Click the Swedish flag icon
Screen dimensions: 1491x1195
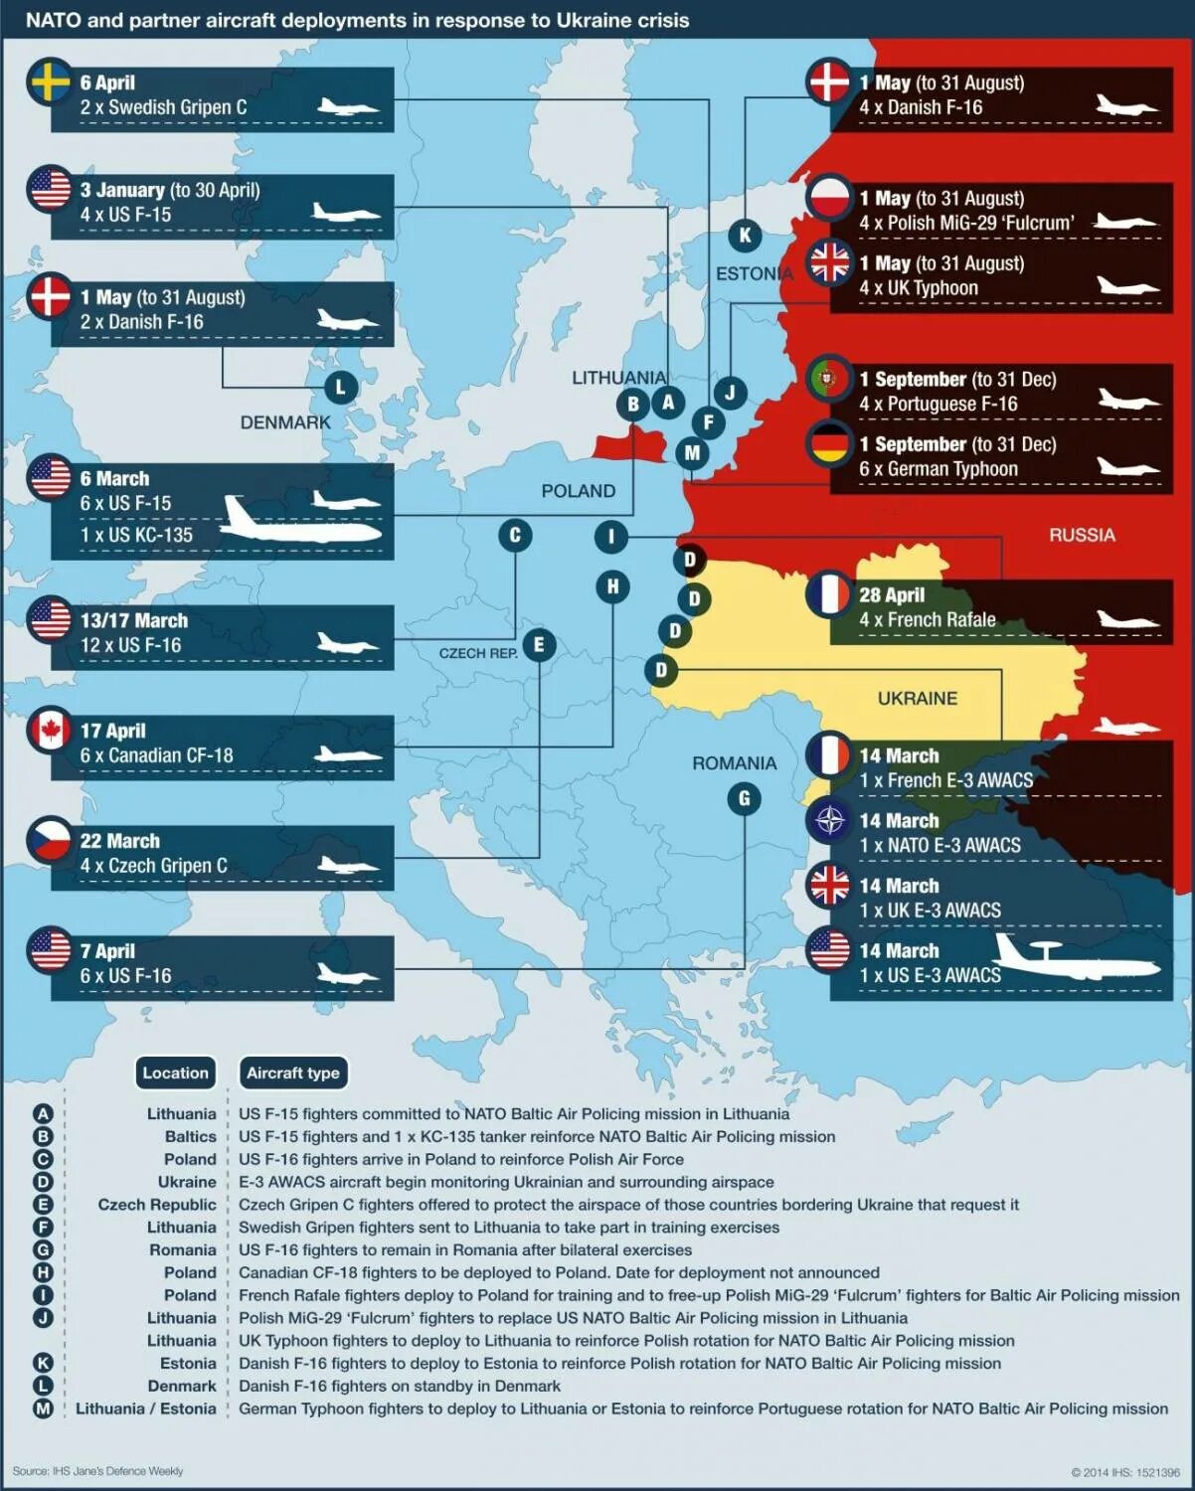pyautogui.click(x=51, y=82)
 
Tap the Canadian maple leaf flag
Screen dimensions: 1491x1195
pyautogui.click(x=51, y=731)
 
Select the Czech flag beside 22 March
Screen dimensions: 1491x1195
pyautogui.click(x=51, y=840)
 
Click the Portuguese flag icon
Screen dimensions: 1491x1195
pyautogui.click(x=829, y=379)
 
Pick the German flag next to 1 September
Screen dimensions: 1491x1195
pyautogui.click(x=829, y=444)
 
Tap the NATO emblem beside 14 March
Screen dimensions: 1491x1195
pyautogui.click(x=829, y=821)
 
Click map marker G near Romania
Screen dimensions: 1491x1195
pyautogui.click(x=745, y=799)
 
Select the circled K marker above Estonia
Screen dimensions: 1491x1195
pyautogui.click(x=745, y=236)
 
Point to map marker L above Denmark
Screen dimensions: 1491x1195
pyautogui.click(x=340, y=388)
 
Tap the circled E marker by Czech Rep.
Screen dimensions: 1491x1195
pyautogui.click(x=539, y=644)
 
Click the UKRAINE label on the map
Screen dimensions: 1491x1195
pyautogui.click(x=917, y=699)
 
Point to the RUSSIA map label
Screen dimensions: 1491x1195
pyautogui.click(x=1082, y=535)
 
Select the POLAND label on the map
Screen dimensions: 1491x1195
pyautogui.click(x=578, y=491)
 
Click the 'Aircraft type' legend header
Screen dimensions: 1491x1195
pyautogui.click(x=293, y=1073)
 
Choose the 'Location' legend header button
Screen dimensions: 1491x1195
pyautogui.click(x=176, y=1073)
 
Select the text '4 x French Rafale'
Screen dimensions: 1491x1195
pyautogui.click(x=927, y=620)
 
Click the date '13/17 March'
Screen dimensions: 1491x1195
pyautogui.click(x=134, y=620)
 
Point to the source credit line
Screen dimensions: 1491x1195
pyautogui.click(x=97, y=1471)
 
